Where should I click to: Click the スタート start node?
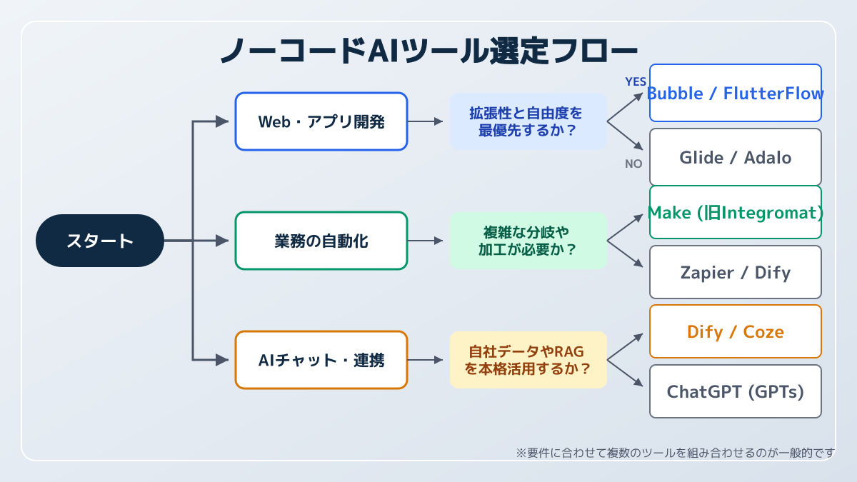coord(100,241)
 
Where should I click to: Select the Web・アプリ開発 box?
coord(321,121)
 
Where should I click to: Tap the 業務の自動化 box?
coord(321,241)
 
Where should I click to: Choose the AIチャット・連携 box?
coord(321,360)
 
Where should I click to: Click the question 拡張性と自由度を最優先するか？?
coord(528,121)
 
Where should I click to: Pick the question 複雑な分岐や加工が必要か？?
coord(528,241)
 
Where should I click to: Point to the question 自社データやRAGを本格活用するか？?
coord(528,360)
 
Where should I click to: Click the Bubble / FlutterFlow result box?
coord(735,93)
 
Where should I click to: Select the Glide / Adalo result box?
coord(735,157)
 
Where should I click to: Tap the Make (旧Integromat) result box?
coord(735,212)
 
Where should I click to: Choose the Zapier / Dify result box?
coord(735,272)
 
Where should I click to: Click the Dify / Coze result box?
coord(735,331)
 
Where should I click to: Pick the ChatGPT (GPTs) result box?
coord(735,391)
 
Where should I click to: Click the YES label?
coord(635,81)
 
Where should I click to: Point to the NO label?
coord(633,164)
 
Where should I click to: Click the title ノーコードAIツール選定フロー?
coord(428,51)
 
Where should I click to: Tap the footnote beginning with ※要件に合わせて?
coord(675,452)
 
